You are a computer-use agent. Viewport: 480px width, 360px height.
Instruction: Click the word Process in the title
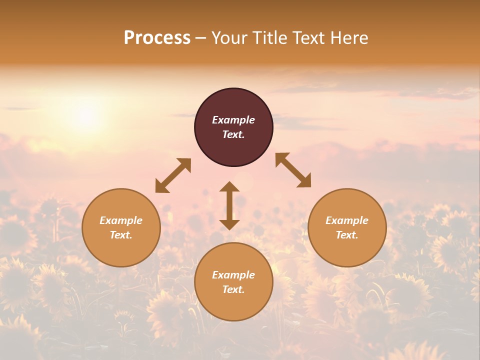157,38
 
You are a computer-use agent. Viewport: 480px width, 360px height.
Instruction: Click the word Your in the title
228,38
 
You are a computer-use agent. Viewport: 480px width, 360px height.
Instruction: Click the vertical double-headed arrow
229,205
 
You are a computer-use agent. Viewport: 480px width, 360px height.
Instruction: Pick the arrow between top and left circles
173,175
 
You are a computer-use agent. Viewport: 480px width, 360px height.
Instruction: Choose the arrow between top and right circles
293,170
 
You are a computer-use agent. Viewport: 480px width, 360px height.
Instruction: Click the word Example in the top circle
233,120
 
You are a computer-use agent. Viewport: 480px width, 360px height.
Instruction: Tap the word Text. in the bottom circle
233,289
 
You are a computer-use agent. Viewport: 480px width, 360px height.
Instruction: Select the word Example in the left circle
121,220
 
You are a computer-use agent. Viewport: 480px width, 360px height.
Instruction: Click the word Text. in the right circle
347,235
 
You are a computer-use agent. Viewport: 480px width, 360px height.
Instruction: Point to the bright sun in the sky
86,116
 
